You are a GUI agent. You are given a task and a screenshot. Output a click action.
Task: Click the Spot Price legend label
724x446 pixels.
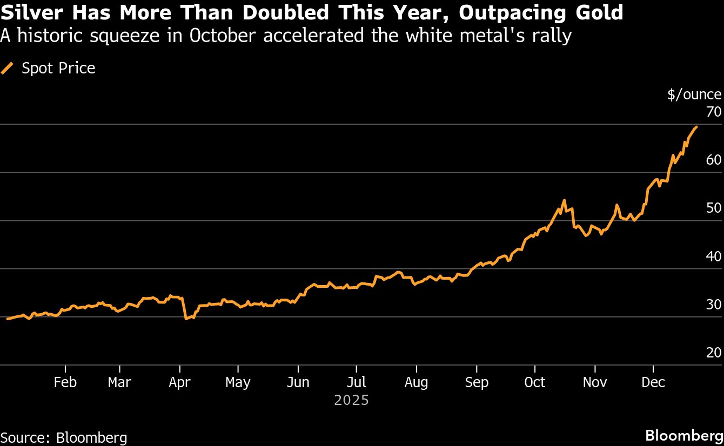tap(58, 68)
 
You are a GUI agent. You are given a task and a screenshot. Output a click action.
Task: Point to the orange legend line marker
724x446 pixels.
tap(8, 68)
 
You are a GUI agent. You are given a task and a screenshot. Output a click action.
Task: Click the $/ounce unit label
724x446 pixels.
tap(694, 94)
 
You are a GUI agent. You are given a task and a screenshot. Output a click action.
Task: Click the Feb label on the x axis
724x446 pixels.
tap(65, 382)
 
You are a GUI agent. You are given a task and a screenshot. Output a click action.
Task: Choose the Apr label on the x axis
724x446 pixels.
tap(179, 382)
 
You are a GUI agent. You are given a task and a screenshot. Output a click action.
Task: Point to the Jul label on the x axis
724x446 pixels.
tap(356, 382)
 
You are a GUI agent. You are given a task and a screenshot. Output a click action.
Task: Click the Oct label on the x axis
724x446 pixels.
tap(535, 382)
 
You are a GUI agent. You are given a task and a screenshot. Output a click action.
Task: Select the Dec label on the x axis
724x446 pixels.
tap(653, 382)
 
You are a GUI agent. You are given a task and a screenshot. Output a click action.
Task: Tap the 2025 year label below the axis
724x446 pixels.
tap(351, 401)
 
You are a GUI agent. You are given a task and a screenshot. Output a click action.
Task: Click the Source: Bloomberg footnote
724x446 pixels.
tap(64, 437)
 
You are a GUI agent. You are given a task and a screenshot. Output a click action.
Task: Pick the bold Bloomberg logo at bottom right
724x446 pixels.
tap(685, 436)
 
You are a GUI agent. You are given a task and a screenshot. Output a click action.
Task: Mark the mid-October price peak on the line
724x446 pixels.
tap(564, 200)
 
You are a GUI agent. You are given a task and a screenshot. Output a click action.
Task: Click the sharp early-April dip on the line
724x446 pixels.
tap(186, 319)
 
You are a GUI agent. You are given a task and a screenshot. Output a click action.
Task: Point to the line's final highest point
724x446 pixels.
tap(696, 127)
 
